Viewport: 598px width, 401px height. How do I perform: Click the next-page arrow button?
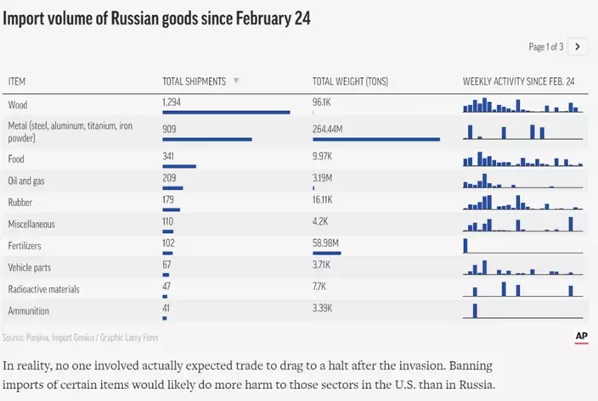(578, 47)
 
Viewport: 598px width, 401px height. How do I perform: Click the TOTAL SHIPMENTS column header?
(194, 81)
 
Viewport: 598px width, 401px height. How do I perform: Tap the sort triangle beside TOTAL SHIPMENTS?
(236, 81)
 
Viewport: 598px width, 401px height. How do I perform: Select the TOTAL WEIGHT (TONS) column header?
(350, 81)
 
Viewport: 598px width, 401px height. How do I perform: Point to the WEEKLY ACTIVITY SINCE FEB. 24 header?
(519, 81)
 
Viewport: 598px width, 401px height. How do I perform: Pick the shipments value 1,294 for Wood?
(172, 102)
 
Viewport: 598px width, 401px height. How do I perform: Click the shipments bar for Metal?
(207, 139)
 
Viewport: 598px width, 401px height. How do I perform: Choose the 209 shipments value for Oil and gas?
(170, 180)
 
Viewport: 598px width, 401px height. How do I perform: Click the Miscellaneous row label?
(31, 224)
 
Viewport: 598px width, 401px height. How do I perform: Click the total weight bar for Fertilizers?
(327, 253)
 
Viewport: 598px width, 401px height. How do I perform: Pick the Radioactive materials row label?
(43, 289)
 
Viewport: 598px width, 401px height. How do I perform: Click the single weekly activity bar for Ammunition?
(476, 309)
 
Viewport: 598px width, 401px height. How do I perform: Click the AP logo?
(582, 337)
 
